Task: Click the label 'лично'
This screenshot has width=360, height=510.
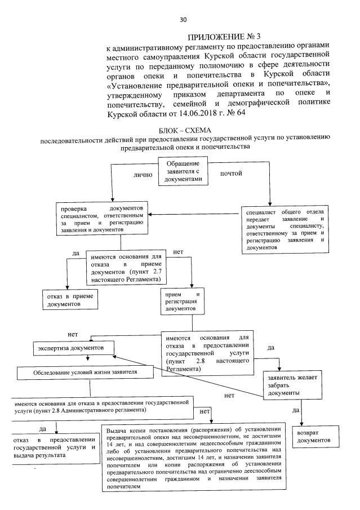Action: pos(143,175)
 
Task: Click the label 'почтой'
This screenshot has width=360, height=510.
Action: pos(232,174)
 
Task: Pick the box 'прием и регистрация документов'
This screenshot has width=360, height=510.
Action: pos(182,301)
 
